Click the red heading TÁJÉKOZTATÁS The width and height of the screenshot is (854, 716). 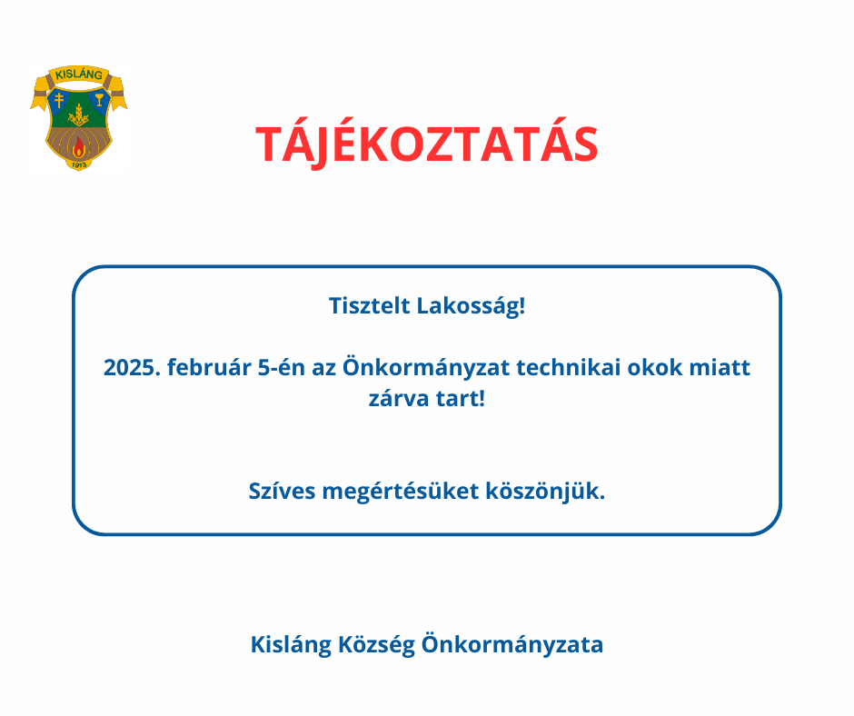tap(426, 143)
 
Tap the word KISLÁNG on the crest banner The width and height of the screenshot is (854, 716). tap(79, 75)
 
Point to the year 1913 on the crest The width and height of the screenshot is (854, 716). tap(79, 164)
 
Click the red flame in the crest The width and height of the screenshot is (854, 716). tap(79, 146)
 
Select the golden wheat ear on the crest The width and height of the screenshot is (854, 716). tap(79, 115)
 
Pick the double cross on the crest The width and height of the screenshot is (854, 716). tap(59, 100)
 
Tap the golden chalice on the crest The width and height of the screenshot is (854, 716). tap(99, 100)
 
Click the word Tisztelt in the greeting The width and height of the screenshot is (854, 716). tap(369, 305)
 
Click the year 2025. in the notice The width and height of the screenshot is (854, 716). tap(132, 368)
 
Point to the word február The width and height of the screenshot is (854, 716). tap(209, 367)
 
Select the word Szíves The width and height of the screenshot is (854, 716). tap(283, 491)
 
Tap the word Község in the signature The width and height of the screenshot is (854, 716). tap(376, 645)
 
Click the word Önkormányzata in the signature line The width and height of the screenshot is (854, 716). tap(512, 644)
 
